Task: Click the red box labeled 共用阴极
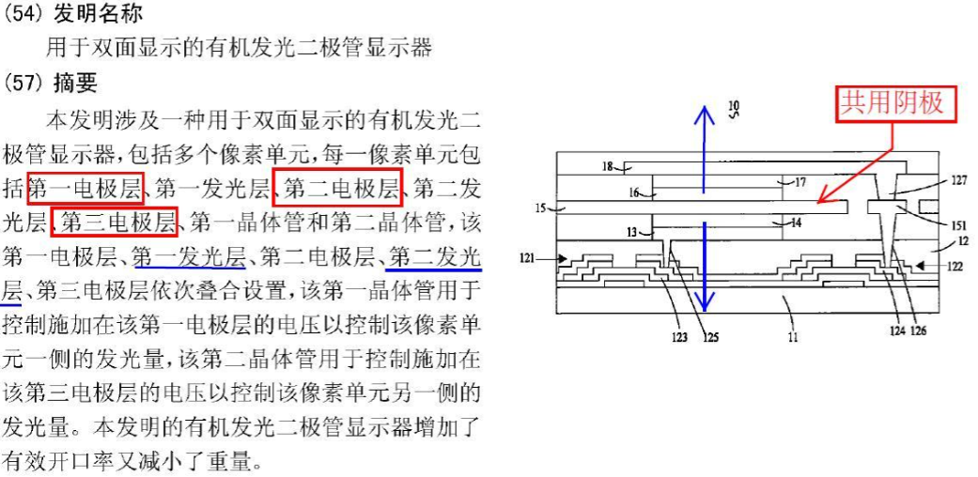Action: point(897,103)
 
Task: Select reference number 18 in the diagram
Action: point(609,167)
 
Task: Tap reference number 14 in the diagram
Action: point(795,223)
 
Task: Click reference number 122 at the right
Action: point(955,267)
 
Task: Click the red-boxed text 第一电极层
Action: point(85,188)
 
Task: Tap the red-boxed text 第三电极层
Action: point(115,222)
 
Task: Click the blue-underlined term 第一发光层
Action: point(189,255)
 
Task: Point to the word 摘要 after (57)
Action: point(76,84)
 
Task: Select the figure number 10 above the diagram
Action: point(734,106)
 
